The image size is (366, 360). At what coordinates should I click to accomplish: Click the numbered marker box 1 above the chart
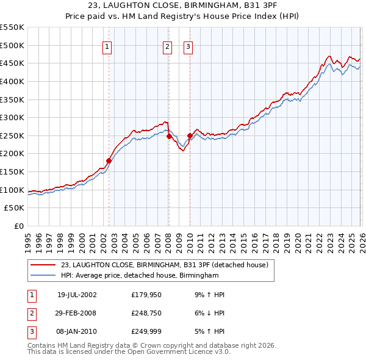coord(107,46)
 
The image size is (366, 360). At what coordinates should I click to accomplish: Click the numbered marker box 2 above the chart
coord(168,46)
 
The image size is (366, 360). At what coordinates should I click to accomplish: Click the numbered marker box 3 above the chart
coord(188,46)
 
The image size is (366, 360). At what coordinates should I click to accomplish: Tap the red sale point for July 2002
coord(109,161)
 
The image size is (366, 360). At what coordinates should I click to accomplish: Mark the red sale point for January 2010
coord(190,135)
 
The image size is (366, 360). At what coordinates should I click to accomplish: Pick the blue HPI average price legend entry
coord(140,276)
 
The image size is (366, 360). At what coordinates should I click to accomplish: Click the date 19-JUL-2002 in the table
coord(77,295)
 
